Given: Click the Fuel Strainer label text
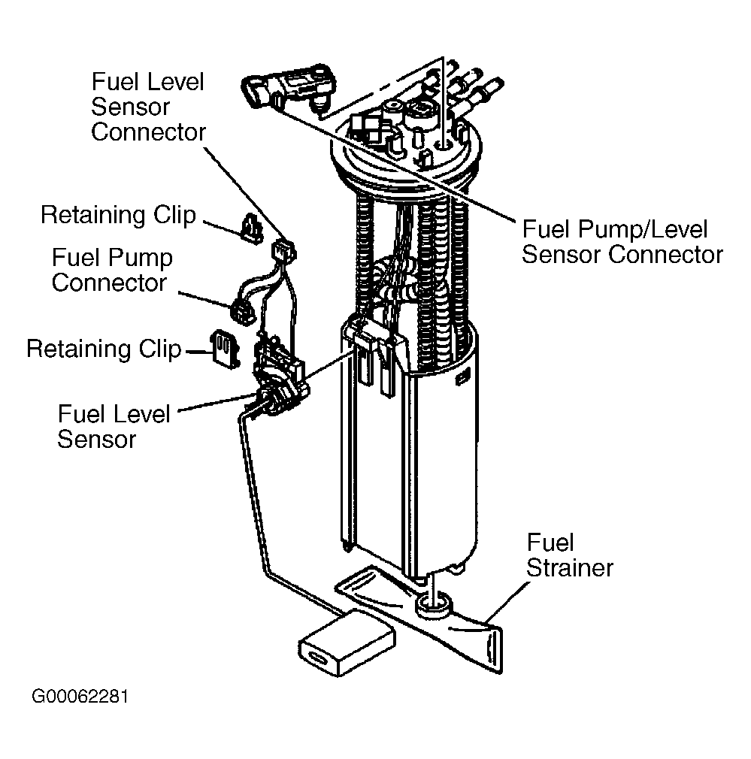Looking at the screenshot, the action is [x=569, y=555].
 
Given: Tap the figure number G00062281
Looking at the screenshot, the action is [x=80, y=697].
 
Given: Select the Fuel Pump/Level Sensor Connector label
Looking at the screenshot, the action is [x=622, y=242].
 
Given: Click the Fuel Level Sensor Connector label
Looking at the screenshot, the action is [x=148, y=107].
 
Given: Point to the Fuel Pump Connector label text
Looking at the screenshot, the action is [x=112, y=270].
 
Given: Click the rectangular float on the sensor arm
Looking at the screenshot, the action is [x=347, y=643].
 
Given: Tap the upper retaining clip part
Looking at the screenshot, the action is [x=251, y=228].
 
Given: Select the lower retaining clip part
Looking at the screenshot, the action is [x=224, y=349].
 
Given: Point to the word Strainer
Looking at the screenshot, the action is [x=570, y=568].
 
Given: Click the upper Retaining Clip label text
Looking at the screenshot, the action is [x=118, y=215].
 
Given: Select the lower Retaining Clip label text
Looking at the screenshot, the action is [x=104, y=349].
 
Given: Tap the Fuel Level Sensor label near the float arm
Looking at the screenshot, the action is [x=114, y=426].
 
